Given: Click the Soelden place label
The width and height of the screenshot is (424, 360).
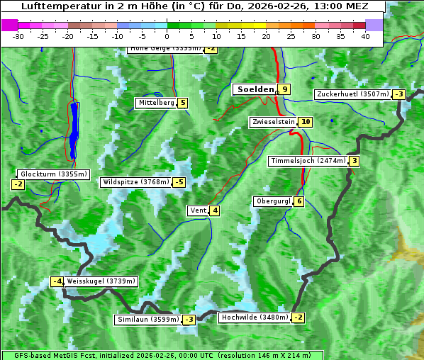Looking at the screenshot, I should tap(254, 89).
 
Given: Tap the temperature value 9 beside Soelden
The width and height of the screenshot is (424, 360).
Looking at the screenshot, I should tap(284, 89).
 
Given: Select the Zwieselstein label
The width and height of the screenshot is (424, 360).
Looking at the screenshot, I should tap(273, 122).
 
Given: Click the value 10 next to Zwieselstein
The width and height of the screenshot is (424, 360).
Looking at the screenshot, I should tap(306, 122).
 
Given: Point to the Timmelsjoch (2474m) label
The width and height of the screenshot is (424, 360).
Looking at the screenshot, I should tap(308, 161).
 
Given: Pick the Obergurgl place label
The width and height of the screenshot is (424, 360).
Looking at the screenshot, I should tap(272, 201).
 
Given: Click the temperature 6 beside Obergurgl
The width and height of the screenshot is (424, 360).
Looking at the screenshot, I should tap(299, 201).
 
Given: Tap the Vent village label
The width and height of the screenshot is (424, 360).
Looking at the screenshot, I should tap(198, 210).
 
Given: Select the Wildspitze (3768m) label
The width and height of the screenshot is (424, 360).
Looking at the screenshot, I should tap(135, 182).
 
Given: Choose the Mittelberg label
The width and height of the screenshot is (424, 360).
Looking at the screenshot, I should tap(155, 103).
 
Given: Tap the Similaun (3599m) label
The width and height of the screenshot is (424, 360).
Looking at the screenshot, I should tap(147, 320).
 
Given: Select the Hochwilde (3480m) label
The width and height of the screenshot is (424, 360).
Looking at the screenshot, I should tap(254, 317).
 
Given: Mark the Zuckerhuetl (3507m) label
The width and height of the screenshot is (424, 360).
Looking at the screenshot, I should tap(352, 94).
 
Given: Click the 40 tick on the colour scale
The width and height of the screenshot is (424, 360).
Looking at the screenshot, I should tap(365, 36).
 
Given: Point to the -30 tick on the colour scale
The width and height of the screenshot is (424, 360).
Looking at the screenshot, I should tap(18, 36).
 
